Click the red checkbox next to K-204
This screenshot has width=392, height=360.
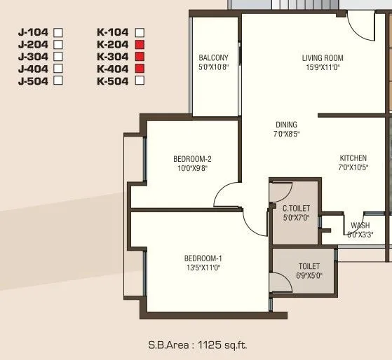(139, 44)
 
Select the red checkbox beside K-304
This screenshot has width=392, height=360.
(139, 56)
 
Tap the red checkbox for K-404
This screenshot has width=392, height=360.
(139, 68)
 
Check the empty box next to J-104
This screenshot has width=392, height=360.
(59, 32)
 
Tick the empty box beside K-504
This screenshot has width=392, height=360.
(139, 80)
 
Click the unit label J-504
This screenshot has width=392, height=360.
(34, 80)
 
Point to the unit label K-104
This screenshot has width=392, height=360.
(113, 32)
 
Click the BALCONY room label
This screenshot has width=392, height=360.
(213, 58)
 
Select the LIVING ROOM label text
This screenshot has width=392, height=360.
(323, 58)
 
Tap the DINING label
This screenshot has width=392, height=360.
(286, 125)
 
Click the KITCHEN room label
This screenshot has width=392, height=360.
(353, 158)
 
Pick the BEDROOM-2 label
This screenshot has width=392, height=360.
(192, 159)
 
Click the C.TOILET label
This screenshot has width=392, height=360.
(295, 208)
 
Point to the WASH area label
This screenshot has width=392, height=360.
(360, 226)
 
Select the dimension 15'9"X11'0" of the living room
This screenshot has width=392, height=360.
(323, 67)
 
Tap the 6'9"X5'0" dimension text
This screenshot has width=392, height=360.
(309, 275)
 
